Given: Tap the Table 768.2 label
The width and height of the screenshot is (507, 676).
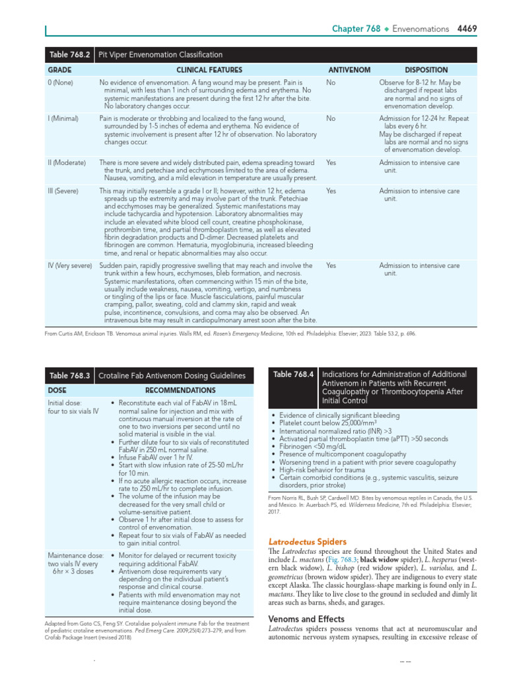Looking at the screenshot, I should [69, 55].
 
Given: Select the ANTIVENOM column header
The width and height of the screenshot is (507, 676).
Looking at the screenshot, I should [349, 70].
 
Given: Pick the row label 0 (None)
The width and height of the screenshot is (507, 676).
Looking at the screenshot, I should [60, 82].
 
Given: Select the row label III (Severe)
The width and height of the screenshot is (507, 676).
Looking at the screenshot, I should [63, 191].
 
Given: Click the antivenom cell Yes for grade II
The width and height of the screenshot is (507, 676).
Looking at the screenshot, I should [331, 162].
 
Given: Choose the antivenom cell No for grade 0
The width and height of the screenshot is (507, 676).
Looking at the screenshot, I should [330, 82].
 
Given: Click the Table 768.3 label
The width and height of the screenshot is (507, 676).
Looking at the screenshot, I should [69, 376].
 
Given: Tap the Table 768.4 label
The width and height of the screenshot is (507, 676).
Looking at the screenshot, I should [292, 375].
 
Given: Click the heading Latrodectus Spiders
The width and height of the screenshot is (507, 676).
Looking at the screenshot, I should [302, 541].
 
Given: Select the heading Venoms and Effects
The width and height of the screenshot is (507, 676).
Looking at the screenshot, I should [306, 619].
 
